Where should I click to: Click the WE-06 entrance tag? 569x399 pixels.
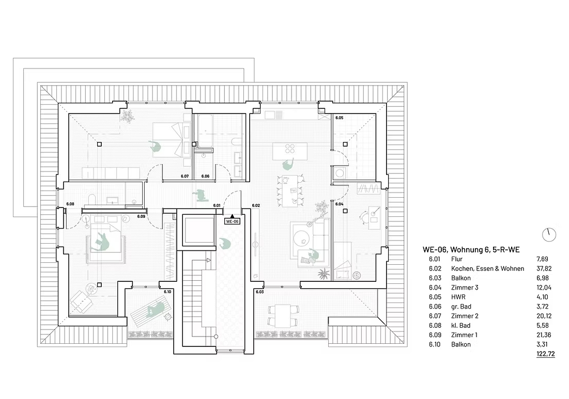(x=232, y=221)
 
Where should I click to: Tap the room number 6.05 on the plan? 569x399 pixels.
(x=340, y=118)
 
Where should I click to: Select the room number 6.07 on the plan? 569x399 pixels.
(x=184, y=177)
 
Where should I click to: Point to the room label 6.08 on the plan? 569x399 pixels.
(x=70, y=204)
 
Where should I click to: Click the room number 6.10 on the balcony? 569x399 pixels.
(x=167, y=292)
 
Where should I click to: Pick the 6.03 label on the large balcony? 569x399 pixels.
(x=260, y=292)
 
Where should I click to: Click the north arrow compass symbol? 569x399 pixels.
(x=549, y=235)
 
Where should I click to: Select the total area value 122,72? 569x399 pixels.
(x=545, y=354)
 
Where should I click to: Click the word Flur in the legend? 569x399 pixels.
(x=456, y=259)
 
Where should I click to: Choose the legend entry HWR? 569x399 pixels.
(x=458, y=297)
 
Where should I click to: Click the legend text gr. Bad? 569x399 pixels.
(x=461, y=306)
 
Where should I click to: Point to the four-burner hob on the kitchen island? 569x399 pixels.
(x=290, y=149)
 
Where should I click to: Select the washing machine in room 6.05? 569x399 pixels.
(x=340, y=173)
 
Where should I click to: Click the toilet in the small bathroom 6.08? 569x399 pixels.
(x=92, y=199)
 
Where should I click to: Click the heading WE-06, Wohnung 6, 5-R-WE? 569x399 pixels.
(x=471, y=249)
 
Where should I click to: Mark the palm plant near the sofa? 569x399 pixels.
(x=322, y=274)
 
